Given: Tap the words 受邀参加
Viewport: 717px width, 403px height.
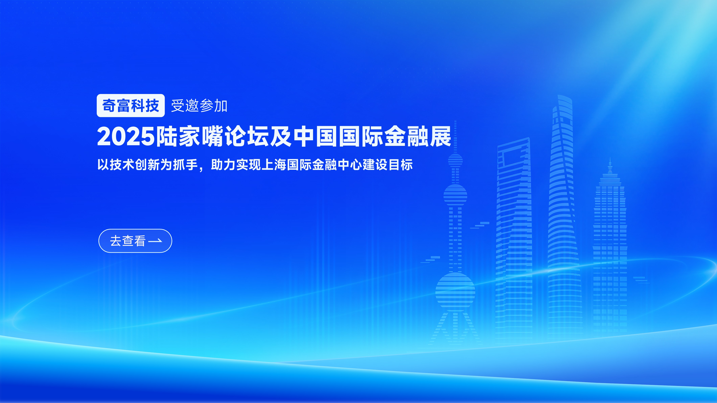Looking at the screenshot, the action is click(x=199, y=106).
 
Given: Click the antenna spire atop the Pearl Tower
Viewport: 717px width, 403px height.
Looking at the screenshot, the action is click(x=455, y=137).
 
